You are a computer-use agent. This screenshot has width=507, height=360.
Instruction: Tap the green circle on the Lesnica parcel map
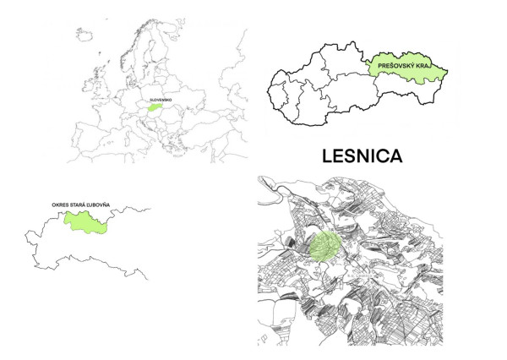click(x=324, y=246)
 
